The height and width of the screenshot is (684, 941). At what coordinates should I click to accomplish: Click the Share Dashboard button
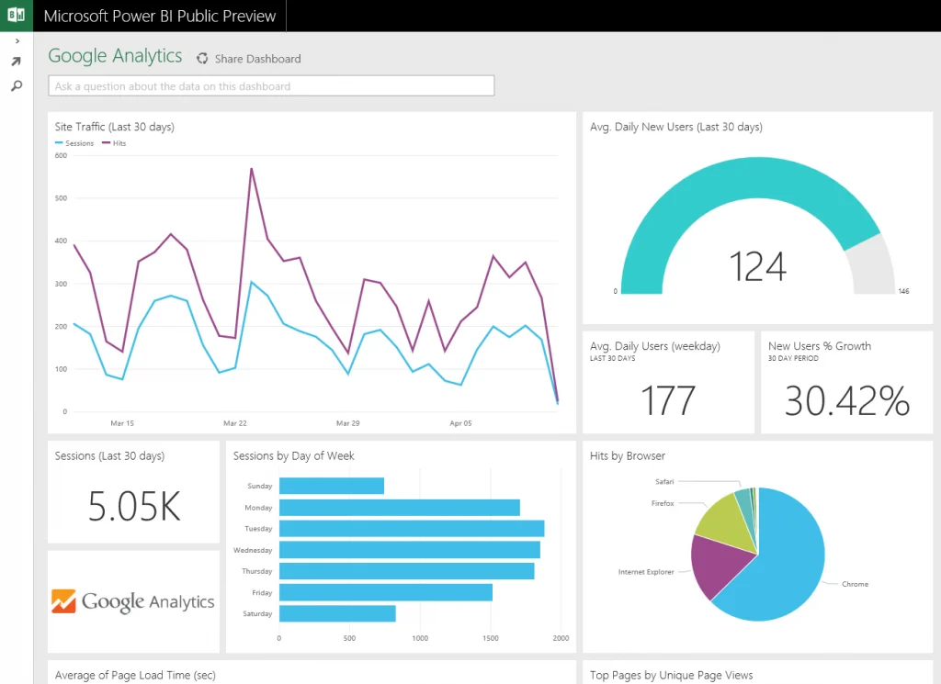tap(249, 59)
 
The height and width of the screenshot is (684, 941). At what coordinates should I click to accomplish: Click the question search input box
tap(271, 86)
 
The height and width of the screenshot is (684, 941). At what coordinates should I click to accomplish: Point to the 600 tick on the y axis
tap(61, 155)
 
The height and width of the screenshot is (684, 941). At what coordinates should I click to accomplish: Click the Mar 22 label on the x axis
tap(235, 423)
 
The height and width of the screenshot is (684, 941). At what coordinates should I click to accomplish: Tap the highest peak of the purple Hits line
tap(251, 169)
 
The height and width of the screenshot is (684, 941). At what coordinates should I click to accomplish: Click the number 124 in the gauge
tap(757, 266)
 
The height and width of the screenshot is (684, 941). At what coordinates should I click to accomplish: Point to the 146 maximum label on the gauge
tap(902, 291)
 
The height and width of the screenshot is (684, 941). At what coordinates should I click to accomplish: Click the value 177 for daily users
tap(668, 401)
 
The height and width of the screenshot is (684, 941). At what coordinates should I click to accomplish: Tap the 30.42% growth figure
tap(846, 401)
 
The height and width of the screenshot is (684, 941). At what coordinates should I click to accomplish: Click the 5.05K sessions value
tap(134, 506)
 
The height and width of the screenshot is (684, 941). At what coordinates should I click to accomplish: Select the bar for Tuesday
tap(411, 529)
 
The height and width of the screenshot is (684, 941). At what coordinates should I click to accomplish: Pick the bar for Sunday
tap(331, 486)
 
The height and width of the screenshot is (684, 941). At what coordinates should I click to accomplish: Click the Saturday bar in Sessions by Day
tap(336, 613)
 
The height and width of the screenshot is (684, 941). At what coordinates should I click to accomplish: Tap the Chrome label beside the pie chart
tap(854, 584)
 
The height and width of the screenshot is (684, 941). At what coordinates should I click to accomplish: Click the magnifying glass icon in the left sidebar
tap(16, 85)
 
